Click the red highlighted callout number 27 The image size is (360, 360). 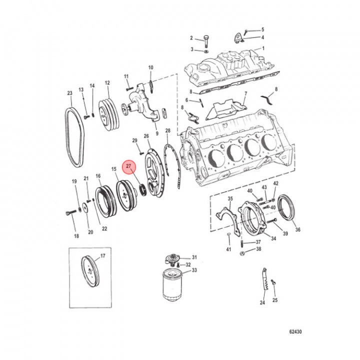129,166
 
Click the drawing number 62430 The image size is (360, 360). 295,331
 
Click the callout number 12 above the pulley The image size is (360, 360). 107,83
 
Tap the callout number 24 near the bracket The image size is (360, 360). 262,302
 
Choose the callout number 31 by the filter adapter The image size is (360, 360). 194,257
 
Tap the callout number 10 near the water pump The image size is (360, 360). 150,67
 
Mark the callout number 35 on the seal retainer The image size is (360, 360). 230,199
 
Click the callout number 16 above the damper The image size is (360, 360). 98,175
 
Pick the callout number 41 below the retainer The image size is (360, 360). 228,249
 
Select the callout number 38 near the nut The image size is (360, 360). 258,249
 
